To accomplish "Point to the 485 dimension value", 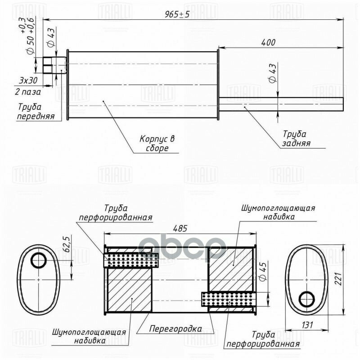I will coord(180,228).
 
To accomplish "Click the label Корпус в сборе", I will coord(157,144).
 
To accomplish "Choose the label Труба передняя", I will coord(36,112).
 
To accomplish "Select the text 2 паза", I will coord(27,92).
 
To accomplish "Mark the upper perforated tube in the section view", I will coord(131,260).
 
